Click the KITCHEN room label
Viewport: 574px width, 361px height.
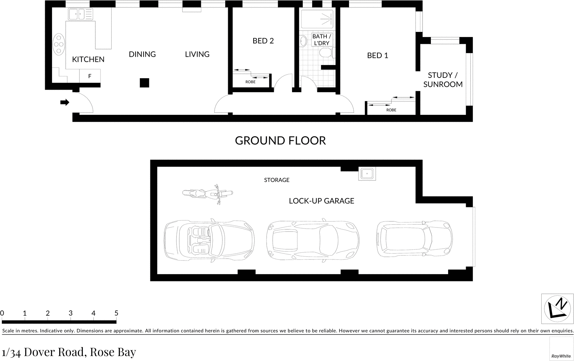pos(88,59)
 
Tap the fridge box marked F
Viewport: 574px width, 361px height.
pos(90,76)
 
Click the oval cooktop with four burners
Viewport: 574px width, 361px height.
pos(59,44)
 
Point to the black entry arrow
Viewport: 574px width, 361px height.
pos(65,103)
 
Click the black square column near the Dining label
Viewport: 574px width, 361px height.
pos(144,83)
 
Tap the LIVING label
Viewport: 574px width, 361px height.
pos(197,54)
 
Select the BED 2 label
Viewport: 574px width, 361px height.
pos(263,41)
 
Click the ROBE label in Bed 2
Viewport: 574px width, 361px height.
pos(250,82)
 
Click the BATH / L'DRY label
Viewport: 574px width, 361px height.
pos(321,39)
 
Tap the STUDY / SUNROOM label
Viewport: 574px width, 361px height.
pos(443,80)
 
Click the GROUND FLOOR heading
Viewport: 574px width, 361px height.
pos(280,140)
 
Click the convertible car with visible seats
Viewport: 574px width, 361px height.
pos(209,239)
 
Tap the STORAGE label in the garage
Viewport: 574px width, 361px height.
pos(277,180)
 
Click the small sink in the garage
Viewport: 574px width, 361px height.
pos(367,174)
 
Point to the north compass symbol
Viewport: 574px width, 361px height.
pos(557,309)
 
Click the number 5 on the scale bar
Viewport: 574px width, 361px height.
pos(116,313)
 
